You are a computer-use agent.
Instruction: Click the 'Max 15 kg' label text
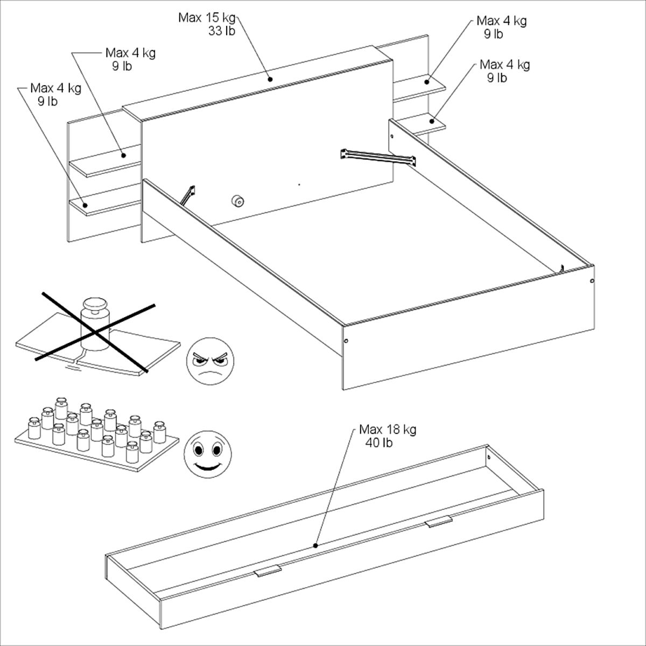(x=207, y=18)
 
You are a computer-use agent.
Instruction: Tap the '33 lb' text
(x=222, y=31)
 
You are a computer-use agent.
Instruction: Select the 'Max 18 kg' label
(x=388, y=430)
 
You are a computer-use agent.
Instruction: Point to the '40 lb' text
(x=379, y=443)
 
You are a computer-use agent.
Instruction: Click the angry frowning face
(x=210, y=361)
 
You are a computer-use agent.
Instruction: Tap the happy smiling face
(x=208, y=454)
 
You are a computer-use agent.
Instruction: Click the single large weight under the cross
(x=95, y=324)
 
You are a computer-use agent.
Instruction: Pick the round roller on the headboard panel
(x=238, y=201)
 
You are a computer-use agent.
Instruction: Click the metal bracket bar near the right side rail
(x=378, y=157)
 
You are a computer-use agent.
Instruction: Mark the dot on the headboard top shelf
(x=270, y=80)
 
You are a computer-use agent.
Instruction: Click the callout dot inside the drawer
(x=315, y=546)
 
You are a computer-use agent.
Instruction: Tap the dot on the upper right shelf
(x=427, y=82)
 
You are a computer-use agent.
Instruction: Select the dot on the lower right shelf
(x=432, y=121)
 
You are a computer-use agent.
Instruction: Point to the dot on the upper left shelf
(x=123, y=155)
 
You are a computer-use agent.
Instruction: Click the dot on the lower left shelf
(x=85, y=206)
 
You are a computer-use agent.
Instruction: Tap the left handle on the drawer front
(x=267, y=572)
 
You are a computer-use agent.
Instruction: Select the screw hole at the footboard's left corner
(x=346, y=341)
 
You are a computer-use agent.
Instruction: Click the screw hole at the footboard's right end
(x=592, y=280)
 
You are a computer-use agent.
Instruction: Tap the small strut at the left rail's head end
(x=187, y=195)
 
